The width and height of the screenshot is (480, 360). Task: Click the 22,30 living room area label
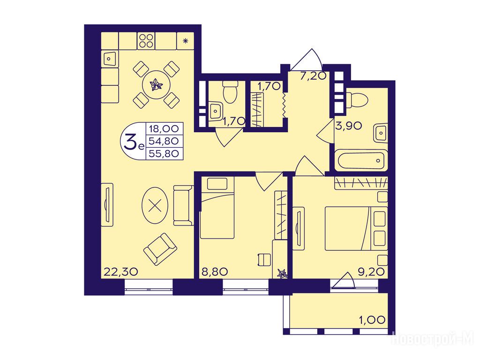[x=121, y=271]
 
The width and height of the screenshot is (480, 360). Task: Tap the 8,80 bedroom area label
[x=215, y=271]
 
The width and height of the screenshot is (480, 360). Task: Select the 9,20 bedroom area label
[x=371, y=271]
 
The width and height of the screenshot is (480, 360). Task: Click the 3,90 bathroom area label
[x=349, y=126]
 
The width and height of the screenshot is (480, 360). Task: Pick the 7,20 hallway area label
[x=313, y=75]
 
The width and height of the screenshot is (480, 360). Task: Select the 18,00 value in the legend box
[x=164, y=128]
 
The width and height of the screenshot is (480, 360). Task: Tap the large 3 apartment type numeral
[x=131, y=141]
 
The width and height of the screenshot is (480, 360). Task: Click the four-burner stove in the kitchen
[x=146, y=41]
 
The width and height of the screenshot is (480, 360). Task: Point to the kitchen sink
[x=109, y=59]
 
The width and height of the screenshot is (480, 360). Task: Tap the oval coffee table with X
[x=155, y=205]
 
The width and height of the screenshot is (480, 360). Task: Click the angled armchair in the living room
[x=160, y=249]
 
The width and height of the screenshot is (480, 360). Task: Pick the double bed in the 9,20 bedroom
[x=356, y=228]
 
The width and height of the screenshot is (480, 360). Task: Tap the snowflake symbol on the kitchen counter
[x=185, y=41]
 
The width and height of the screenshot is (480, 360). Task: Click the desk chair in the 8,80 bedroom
[x=265, y=260]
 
